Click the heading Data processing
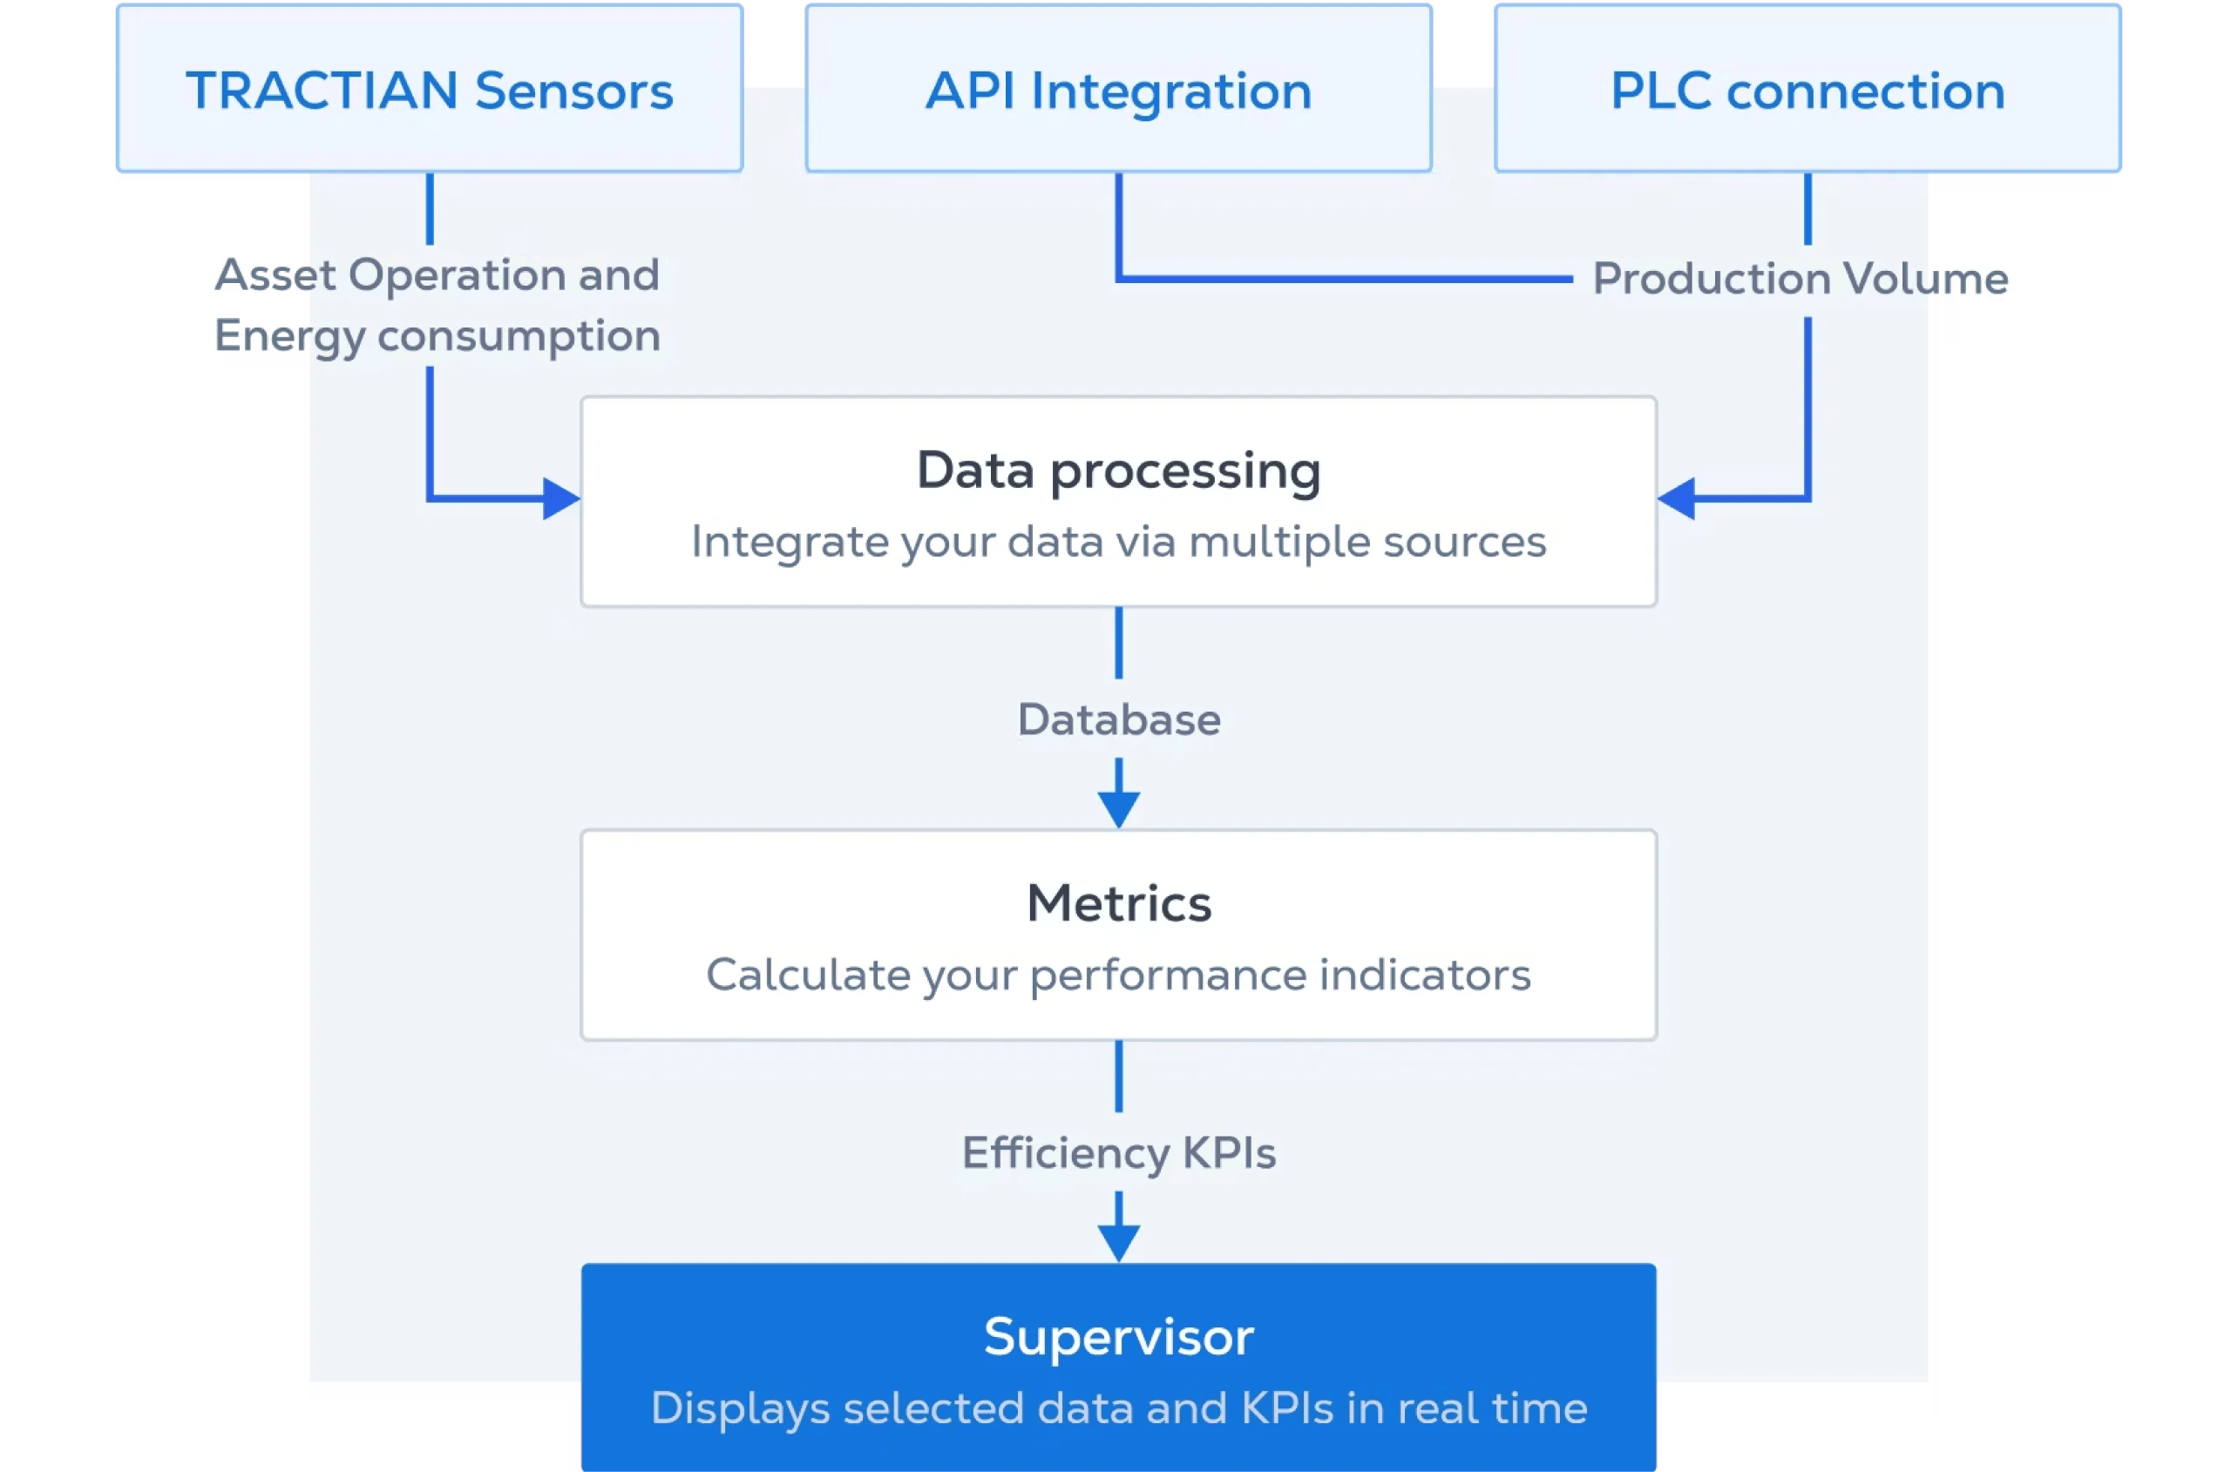(x=1118, y=470)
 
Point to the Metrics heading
(x=1118, y=903)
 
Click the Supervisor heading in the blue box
(x=1118, y=1337)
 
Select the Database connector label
(x=1118, y=720)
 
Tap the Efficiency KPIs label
(x=1118, y=1153)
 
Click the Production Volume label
(x=1801, y=280)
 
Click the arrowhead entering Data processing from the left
(x=561, y=499)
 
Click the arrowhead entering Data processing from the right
(x=1677, y=499)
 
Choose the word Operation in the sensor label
(x=457, y=275)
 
